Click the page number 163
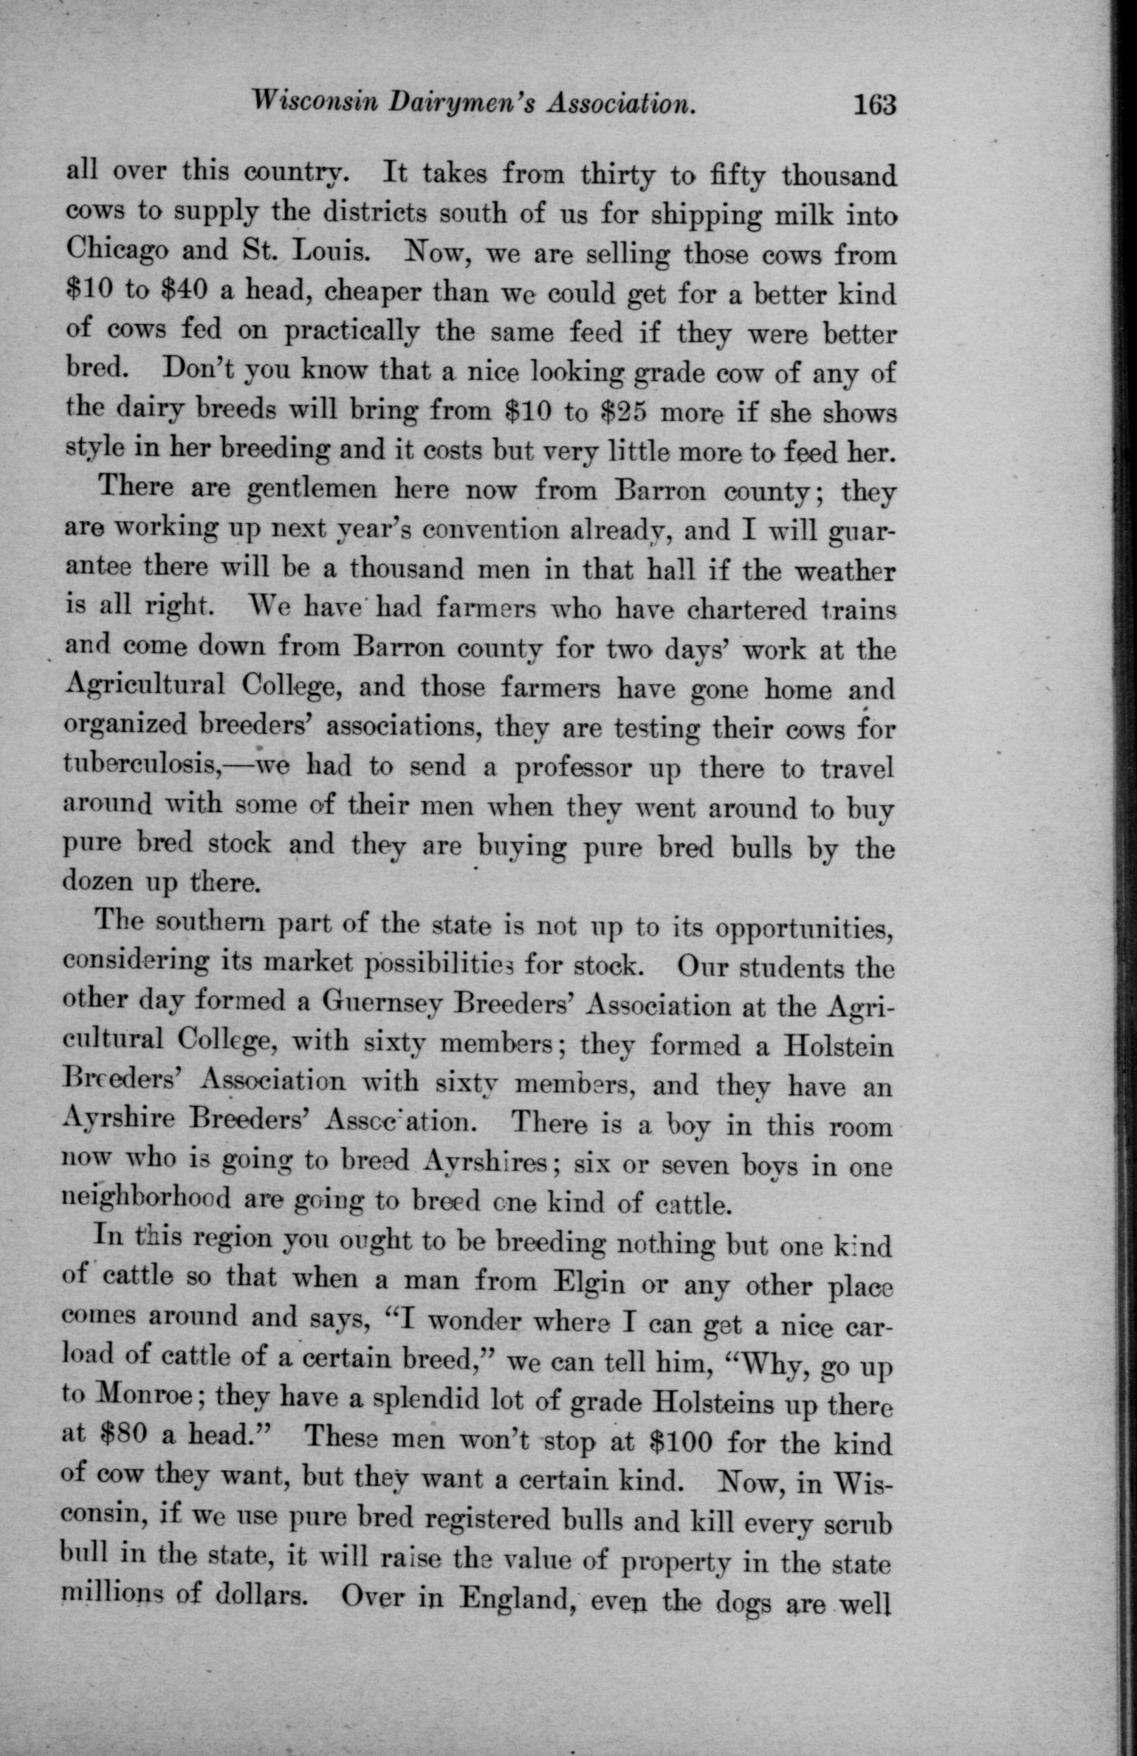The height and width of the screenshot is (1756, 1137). (874, 104)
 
